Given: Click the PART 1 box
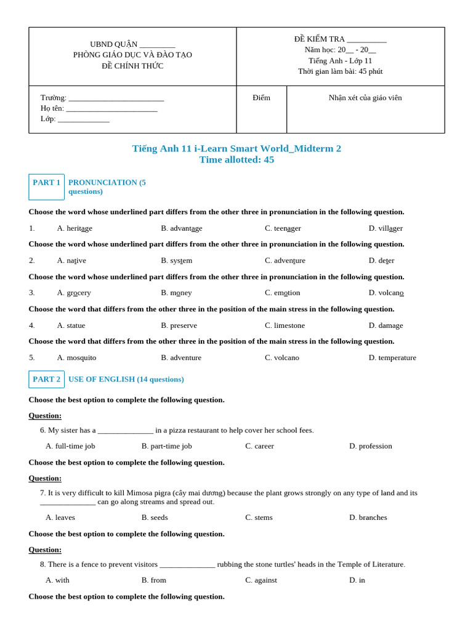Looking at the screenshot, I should (46, 186).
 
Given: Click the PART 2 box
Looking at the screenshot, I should (46, 379).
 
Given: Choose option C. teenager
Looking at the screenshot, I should (283, 228).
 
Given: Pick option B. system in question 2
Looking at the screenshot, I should (177, 260).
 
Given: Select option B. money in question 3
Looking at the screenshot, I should (177, 293).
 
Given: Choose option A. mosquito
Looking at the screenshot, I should (77, 357).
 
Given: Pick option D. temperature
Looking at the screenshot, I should (392, 357).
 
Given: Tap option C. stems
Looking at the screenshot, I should (259, 517).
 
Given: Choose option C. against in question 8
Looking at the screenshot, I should (261, 580).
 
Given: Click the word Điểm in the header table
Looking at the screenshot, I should (261, 98).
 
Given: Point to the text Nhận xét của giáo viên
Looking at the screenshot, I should (365, 98).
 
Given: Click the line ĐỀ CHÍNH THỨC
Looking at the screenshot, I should (132, 66).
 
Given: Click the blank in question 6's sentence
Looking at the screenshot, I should (125, 431).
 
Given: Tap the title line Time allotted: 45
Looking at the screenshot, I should (236, 160).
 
